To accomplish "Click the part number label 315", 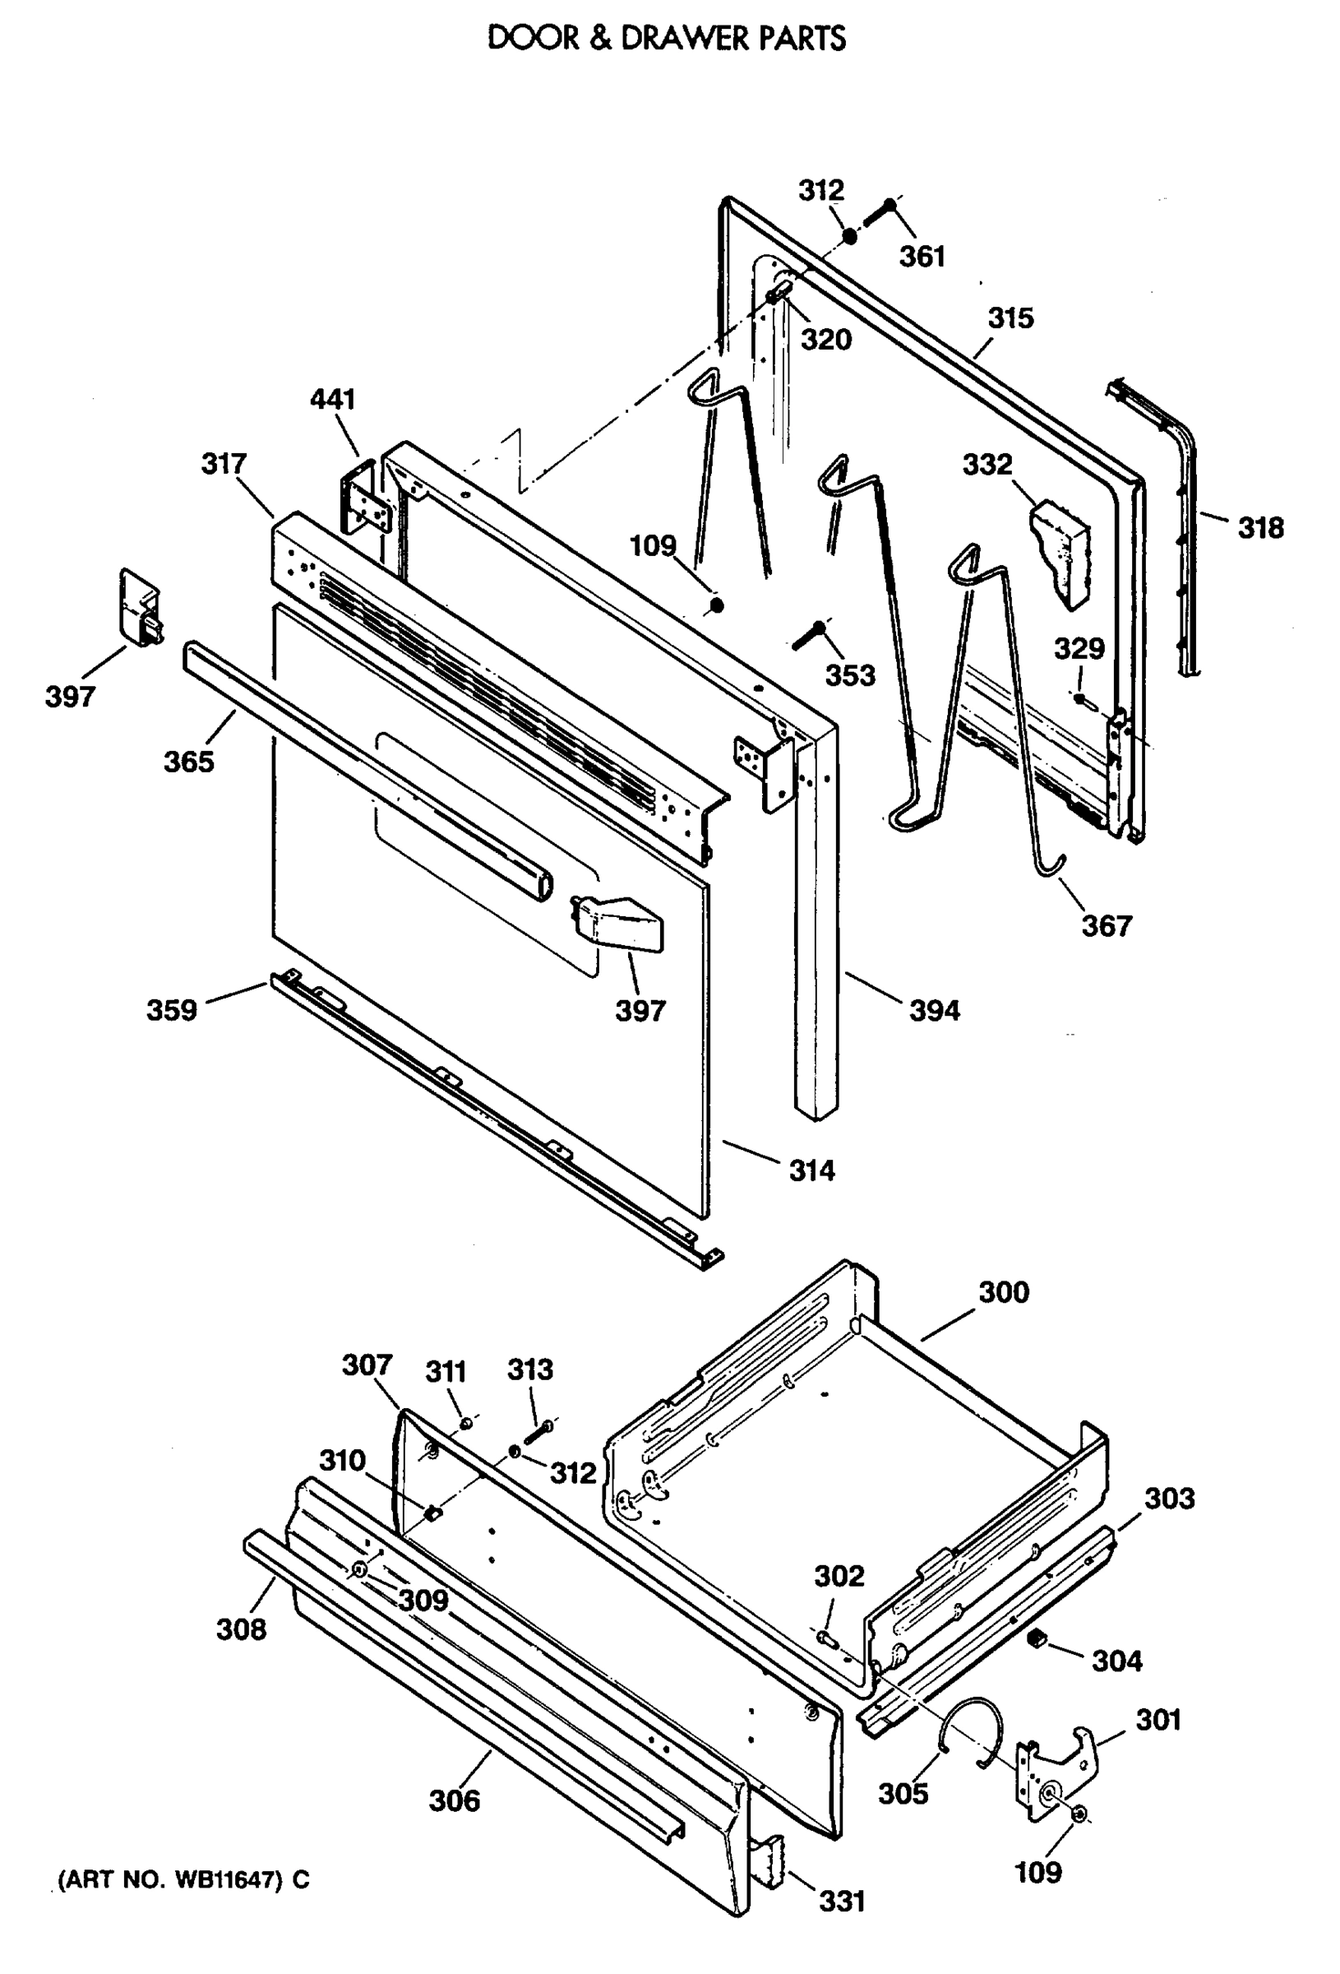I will click(x=1010, y=318).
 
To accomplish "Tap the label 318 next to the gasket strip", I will click(x=1260, y=528).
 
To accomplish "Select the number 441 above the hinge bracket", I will click(x=332, y=399).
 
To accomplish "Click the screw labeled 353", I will click(x=807, y=634).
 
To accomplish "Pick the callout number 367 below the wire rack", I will click(x=1107, y=925).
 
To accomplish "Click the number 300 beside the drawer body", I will click(x=1004, y=1292).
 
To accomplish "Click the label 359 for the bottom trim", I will click(x=172, y=1010).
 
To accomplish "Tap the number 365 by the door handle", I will click(x=188, y=761).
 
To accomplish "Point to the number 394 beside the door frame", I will click(x=934, y=1011).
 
